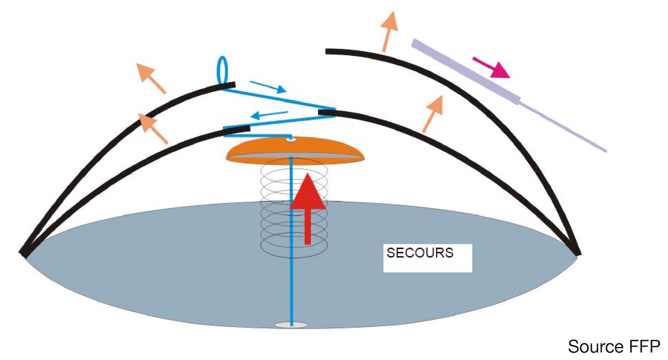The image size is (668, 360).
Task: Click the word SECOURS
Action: click(420, 253)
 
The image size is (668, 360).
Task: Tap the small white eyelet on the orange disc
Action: click(291, 139)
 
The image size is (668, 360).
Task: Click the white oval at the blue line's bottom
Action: click(291, 325)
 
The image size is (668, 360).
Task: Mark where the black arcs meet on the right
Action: click(576, 251)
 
